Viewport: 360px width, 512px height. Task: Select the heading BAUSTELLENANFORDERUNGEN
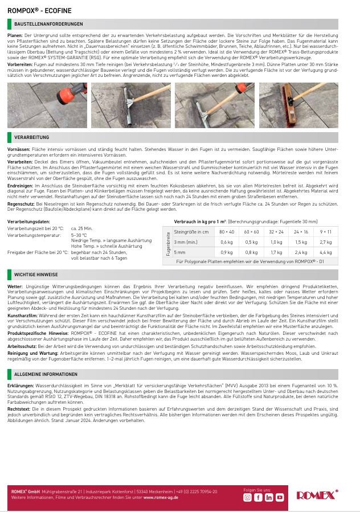48,24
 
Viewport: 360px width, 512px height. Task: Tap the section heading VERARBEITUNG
32,137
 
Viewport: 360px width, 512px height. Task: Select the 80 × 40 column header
226,232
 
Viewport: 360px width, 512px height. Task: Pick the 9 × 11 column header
326,232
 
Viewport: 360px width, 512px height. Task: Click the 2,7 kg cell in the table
326,242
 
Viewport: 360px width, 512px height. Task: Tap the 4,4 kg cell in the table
326,252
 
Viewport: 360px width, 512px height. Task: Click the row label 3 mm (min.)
186,242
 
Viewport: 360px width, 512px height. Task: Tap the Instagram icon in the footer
247,497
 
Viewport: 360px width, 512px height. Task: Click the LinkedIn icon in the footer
268,497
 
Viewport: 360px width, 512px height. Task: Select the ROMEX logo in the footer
317,495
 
